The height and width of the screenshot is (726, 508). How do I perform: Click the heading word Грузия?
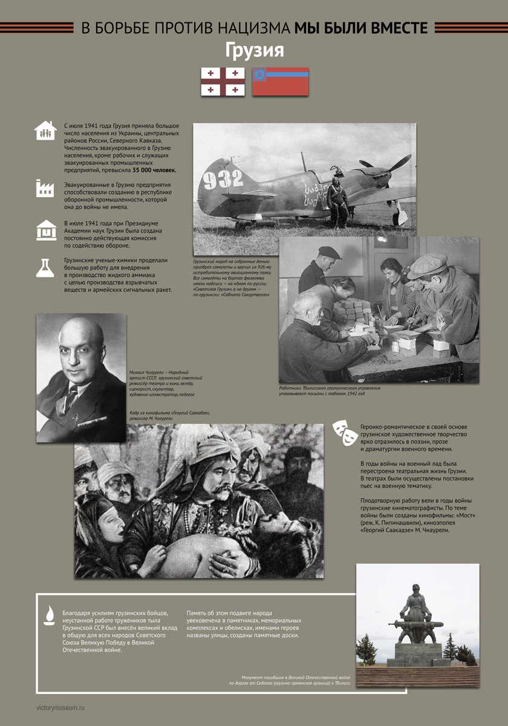[254, 50]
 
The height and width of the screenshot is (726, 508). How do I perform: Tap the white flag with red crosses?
[223, 82]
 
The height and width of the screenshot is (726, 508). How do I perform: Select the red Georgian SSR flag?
[280, 82]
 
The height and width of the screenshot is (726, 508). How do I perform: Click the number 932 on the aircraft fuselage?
[223, 179]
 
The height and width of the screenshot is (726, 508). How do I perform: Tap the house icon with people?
[45, 130]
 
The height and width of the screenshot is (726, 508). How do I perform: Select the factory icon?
[45, 188]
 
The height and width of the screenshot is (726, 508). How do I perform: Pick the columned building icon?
[45, 230]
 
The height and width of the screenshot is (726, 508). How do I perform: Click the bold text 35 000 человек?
[154, 170]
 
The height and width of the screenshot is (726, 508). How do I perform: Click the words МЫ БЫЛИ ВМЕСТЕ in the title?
[361, 28]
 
